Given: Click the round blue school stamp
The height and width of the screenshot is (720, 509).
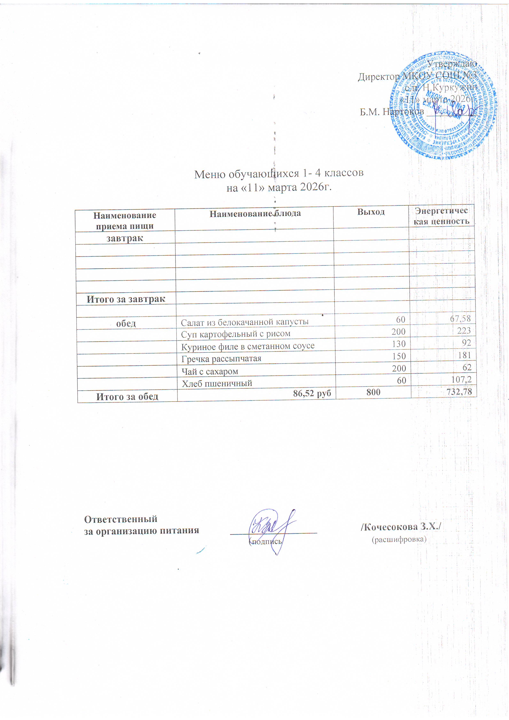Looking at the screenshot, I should point(443,106).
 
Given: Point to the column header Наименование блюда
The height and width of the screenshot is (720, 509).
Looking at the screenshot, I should point(255,214).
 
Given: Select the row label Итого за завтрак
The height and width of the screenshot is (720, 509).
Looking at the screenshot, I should point(126,299).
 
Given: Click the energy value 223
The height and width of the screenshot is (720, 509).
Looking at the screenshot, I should point(464,331).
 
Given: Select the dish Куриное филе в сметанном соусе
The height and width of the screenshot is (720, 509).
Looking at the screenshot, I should point(248,346).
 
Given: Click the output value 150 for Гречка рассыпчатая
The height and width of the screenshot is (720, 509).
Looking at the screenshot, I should point(399,356).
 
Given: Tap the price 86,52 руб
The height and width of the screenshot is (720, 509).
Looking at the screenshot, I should point(312,393).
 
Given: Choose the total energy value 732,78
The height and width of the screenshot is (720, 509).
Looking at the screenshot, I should point(459,392).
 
